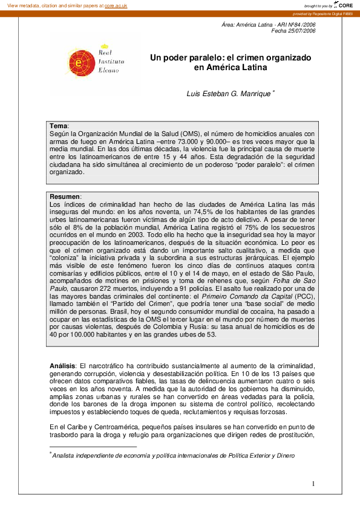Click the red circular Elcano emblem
click(x=77, y=62)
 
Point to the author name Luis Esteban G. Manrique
click(x=232, y=93)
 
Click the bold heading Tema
click(x=59, y=125)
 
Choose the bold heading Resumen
click(x=64, y=196)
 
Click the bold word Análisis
click(x=62, y=366)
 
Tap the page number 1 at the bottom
click(x=314, y=483)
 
